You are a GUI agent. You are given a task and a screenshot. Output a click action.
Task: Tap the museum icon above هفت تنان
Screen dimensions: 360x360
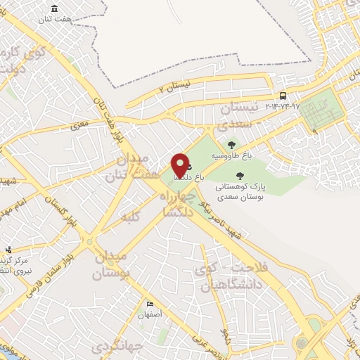54,8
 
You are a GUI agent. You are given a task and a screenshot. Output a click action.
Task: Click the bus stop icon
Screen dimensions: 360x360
283,96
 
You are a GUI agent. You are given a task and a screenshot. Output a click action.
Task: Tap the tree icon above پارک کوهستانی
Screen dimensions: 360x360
240,176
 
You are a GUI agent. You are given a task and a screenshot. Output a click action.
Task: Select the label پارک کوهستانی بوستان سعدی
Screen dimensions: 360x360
240,192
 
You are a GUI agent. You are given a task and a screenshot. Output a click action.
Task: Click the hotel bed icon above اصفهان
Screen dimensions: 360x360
150,304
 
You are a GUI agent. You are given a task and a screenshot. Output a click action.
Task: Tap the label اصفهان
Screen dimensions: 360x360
150,315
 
